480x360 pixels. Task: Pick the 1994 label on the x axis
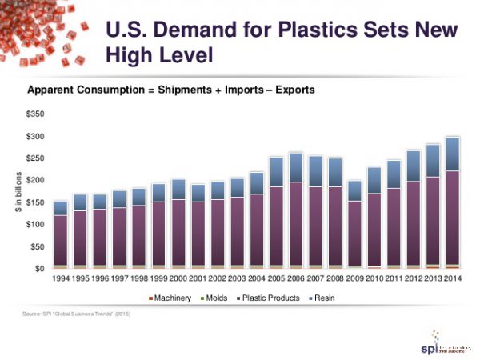(60, 279)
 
